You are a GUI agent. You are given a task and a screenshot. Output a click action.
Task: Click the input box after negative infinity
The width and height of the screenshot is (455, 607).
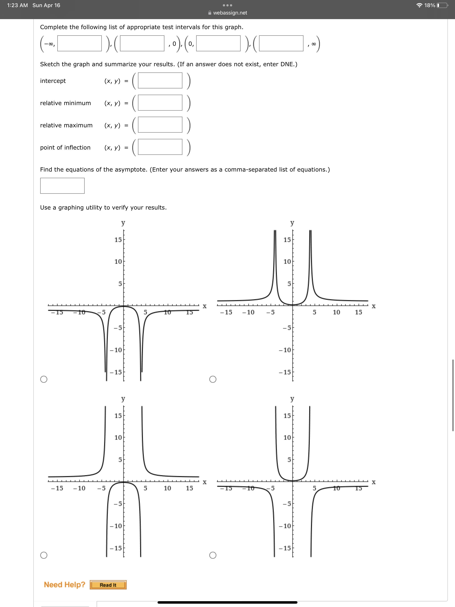click(x=79, y=43)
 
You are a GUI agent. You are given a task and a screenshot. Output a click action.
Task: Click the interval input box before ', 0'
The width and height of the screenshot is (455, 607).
click(x=142, y=43)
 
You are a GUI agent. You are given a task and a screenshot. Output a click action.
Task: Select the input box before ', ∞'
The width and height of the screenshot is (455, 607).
click(x=281, y=43)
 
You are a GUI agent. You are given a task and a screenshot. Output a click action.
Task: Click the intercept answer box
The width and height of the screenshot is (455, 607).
click(x=160, y=80)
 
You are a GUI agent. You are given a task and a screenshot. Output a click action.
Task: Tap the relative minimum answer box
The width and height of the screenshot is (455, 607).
click(x=160, y=103)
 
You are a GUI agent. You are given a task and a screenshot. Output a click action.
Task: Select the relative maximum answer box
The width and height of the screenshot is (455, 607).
click(x=160, y=125)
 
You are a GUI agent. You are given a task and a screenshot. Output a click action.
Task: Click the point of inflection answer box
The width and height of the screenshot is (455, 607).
click(x=160, y=147)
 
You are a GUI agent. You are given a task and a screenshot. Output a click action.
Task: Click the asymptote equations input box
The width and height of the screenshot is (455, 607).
click(x=62, y=186)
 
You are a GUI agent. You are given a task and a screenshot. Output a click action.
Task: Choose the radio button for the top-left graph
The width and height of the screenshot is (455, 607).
click(x=44, y=379)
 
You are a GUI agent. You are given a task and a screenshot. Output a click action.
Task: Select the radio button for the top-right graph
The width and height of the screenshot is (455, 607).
click(x=213, y=379)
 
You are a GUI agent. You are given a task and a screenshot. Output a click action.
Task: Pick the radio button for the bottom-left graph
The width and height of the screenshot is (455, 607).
click(x=44, y=555)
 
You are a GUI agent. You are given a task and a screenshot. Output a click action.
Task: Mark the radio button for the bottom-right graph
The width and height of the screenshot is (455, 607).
click(x=213, y=555)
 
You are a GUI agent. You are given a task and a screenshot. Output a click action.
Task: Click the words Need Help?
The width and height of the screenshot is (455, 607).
click(x=64, y=585)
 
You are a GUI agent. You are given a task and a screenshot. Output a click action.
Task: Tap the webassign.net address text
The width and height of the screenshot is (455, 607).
click(x=230, y=13)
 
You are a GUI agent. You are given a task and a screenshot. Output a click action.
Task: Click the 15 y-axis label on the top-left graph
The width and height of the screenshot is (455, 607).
click(x=118, y=240)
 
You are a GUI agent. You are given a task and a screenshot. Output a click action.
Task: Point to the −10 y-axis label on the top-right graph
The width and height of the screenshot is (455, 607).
click(x=285, y=350)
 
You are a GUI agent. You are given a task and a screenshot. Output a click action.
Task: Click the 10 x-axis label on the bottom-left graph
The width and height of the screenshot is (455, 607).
click(x=167, y=488)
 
